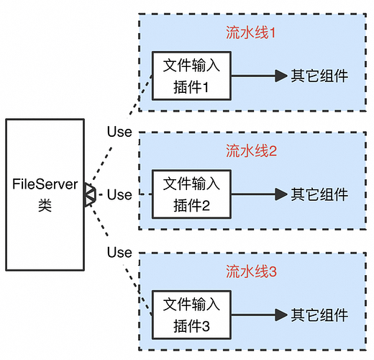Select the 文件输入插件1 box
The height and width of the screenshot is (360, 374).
click(191, 76)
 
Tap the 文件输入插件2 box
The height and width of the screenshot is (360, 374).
click(191, 194)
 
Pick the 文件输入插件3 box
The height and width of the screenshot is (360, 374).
click(191, 315)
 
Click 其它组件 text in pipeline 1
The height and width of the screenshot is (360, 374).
click(319, 76)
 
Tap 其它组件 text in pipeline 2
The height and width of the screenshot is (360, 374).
click(319, 194)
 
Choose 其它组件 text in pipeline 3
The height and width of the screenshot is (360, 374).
click(319, 315)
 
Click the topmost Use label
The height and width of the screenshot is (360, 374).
click(119, 132)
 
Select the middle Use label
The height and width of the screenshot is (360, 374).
click(119, 194)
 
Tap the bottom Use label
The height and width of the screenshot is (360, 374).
click(119, 253)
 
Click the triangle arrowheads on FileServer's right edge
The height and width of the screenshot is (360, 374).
click(88, 195)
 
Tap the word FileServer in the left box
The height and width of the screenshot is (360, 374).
click(44, 185)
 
